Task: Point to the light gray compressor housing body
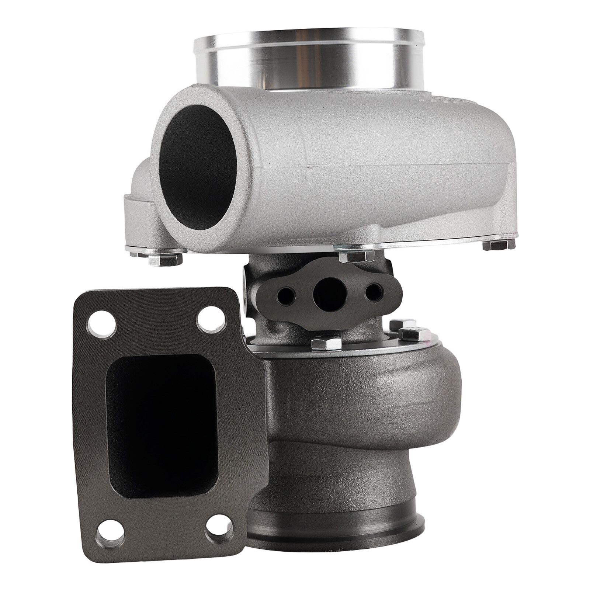[369, 166]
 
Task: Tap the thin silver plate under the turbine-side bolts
[369, 350]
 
